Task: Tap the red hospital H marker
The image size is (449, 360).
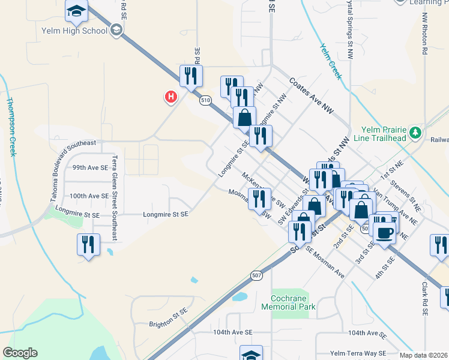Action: (171, 96)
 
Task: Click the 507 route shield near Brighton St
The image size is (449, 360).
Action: (256, 275)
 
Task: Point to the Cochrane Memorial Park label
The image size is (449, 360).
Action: (289, 302)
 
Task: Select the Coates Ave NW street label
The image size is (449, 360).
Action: (311, 95)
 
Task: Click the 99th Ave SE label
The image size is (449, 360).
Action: (90, 169)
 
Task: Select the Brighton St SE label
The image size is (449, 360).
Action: (169, 324)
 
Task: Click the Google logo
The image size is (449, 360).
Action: (20, 353)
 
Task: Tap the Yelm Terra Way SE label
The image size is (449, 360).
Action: (361, 353)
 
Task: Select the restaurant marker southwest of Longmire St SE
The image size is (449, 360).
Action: (88, 244)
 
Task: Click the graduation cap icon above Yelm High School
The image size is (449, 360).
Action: (77, 10)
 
